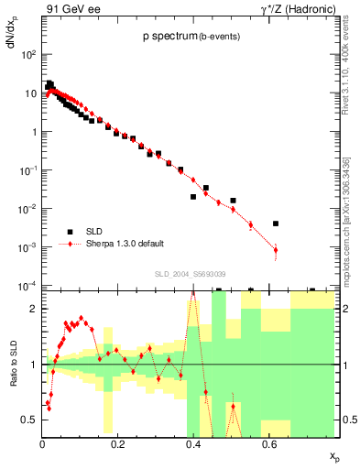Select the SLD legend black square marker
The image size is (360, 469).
(x=68, y=231)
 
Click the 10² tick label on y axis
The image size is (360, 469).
(x=29, y=55)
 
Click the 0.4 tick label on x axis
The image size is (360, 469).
(x=192, y=443)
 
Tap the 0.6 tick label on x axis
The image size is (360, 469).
(x=267, y=443)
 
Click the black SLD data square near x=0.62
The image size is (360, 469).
(x=276, y=223)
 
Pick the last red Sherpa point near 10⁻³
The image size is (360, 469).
(x=276, y=249)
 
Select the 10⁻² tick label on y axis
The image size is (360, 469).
(x=28, y=209)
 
